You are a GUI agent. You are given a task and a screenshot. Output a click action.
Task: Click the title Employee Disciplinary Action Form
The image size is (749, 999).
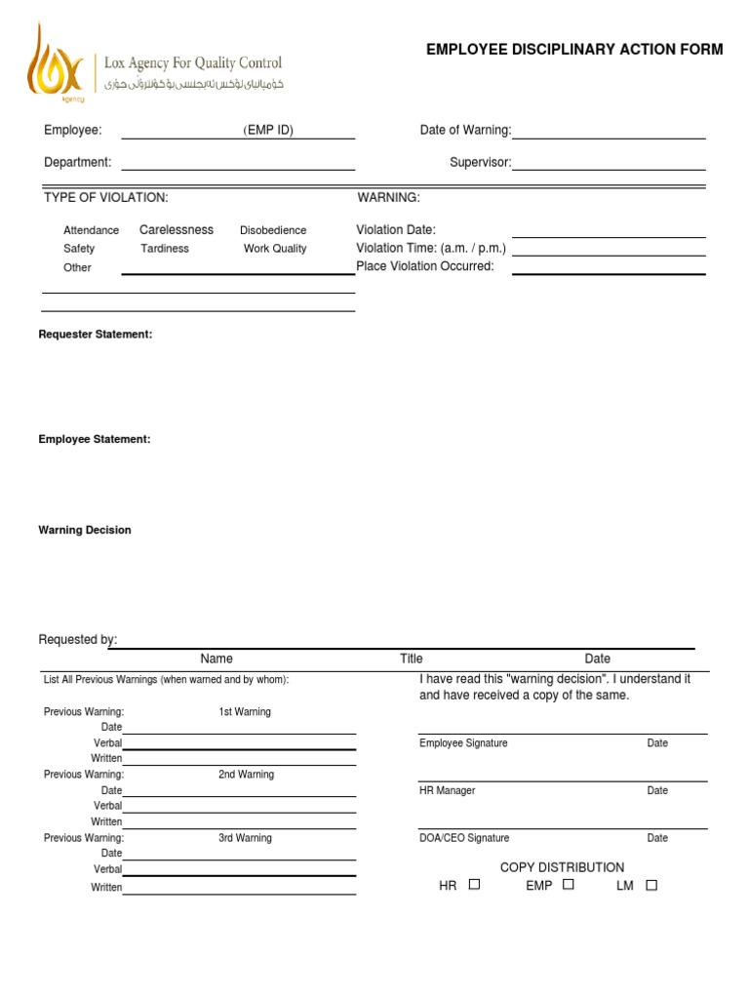tap(574, 50)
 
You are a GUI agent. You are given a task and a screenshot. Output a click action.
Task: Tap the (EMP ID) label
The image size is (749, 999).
tap(268, 131)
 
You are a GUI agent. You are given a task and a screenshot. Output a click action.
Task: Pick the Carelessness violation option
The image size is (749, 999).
tap(177, 230)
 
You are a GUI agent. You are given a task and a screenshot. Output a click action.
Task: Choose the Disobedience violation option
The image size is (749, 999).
tap(273, 230)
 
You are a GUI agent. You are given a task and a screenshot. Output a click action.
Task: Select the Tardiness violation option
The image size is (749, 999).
tap(165, 249)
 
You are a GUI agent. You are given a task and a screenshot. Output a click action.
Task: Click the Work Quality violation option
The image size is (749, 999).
tap(275, 249)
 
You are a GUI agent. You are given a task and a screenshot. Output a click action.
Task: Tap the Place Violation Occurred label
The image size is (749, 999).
tap(425, 266)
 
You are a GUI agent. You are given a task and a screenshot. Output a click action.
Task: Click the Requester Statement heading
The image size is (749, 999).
tap(96, 335)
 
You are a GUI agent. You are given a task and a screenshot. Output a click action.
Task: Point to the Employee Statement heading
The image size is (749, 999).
tap(95, 440)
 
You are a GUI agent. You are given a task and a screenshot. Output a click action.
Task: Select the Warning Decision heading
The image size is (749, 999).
tap(85, 531)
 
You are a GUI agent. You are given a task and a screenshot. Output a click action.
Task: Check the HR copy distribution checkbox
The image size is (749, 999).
tap(474, 885)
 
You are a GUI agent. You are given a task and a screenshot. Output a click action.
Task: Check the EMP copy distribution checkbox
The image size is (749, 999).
tap(569, 885)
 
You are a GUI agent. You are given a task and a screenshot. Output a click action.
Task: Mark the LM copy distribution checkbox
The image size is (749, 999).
tap(651, 885)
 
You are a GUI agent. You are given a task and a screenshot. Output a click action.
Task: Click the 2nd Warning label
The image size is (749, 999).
tap(246, 775)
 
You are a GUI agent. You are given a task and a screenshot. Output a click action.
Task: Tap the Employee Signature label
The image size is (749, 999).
tap(463, 743)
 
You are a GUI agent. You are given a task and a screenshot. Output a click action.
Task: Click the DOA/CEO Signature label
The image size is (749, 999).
tap(464, 838)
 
